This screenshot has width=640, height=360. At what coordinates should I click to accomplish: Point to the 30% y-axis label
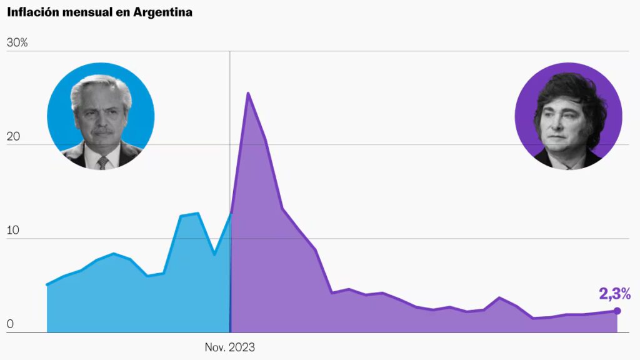coord(17,42)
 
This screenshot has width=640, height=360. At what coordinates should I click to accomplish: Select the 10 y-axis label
coord(12,230)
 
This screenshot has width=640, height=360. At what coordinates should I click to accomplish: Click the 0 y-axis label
coord(10,324)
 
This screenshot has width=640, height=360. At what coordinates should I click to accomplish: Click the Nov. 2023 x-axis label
coord(230,347)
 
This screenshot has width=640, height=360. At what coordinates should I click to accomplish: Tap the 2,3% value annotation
coord(615,294)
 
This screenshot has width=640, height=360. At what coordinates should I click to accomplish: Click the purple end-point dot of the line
coord(617,311)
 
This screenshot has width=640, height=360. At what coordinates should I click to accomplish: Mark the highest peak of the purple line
coord(248,93)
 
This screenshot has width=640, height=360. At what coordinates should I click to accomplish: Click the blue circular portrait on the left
coord(101,116)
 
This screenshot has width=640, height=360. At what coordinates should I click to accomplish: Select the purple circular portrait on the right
coord(568,116)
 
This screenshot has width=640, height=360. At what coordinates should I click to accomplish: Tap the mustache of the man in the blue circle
coord(102,131)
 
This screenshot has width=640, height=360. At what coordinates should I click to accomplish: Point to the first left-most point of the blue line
coord(47,285)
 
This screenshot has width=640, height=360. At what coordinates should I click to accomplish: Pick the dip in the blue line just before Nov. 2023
coord(214,254)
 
